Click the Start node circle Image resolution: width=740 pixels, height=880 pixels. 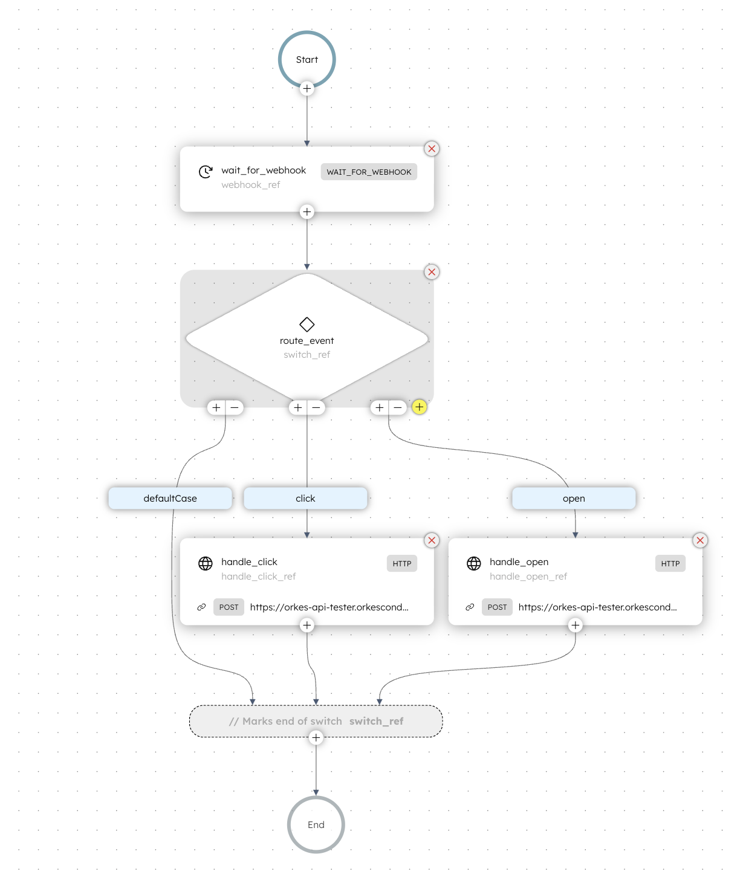pyautogui.click(x=307, y=59)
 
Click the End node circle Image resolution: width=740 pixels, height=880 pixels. pyautogui.click(x=316, y=824)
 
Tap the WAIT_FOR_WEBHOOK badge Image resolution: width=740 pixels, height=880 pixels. pyautogui.click(x=369, y=172)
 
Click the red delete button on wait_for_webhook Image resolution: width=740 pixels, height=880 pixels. pyautogui.click(x=432, y=149)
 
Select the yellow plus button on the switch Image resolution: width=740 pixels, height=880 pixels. pyautogui.click(x=420, y=407)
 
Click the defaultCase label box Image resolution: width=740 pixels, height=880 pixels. pyautogui.click(x=170, y=499)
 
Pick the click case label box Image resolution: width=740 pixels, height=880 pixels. pyautogui.click(x=305, y=499)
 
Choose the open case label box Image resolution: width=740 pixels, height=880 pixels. pyautogui.click(x=574, y=499)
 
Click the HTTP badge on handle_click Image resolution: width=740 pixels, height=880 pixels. pyautogui.click(x=402, y=564)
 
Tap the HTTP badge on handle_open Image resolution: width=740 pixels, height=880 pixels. pyautogui.click(x=670, y=564)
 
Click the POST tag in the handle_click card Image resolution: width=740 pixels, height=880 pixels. pyautogui.click(x=229, y=607)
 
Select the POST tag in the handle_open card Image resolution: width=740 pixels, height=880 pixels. pyautogui.click(x=497, y=607)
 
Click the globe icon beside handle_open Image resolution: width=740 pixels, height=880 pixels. pyautogui.click(x=474, y=564)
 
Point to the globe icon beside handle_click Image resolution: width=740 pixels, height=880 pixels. pyautogui.click(x=206, y=564)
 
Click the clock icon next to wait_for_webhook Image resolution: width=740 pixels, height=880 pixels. pyautogui.click(x=206, y=172)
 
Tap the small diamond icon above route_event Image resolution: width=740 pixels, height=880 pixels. pyautogui.click(x=307, y=325)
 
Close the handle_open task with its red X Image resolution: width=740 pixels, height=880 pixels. pyautogui.click(x=700, y=540)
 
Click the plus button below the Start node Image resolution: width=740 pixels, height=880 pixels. pyautogui.click(x=307, y=89)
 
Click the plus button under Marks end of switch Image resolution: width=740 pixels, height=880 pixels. pyautogui.click(x=316, y=737)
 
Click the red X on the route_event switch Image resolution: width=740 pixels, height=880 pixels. pyautogui.click(x=432, y=272)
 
